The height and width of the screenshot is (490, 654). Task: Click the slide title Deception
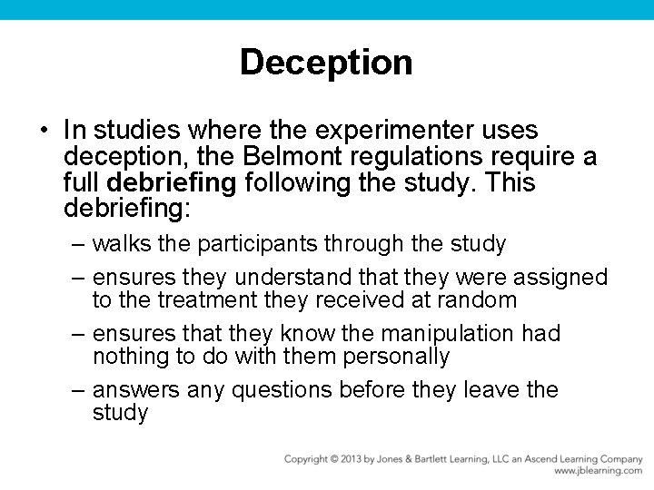coord(326,63)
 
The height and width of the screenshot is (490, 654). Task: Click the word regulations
coord(423,157)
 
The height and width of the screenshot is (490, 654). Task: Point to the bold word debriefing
coord(174,183)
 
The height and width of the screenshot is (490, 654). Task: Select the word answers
coord(136,390)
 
